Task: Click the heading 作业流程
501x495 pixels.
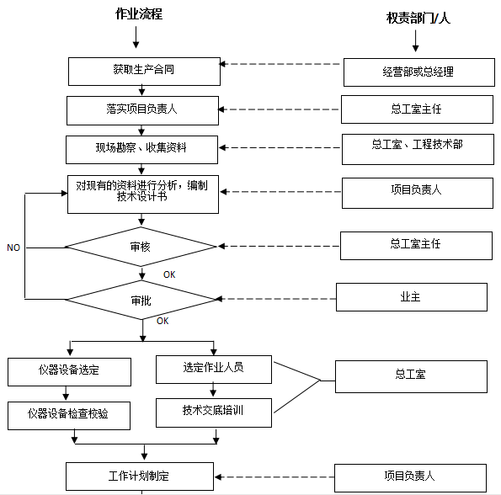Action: pos(139,14)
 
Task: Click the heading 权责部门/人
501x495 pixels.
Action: pos(418,17)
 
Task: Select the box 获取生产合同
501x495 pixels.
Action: pos(143,71)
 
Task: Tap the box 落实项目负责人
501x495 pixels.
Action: pos(142,109)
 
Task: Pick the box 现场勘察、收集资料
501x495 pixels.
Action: pos(142,149)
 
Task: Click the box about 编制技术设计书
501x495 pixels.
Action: pos(142,193)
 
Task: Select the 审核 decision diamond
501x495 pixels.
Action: pos(141,247)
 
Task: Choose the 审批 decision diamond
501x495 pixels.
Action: pos(141,300)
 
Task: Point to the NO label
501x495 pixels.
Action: pos(13,248)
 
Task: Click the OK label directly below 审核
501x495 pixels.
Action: pos(169,274)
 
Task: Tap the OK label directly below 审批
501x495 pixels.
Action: pos(163,321)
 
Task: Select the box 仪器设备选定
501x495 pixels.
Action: pos(70,371)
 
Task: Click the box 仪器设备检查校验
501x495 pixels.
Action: pos(70,414)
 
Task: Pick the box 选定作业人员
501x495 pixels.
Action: pos(214,369)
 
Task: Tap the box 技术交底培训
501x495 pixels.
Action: pos(214,412)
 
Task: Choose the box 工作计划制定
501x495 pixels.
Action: pos(142,476)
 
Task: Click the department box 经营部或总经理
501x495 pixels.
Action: pos(418,72)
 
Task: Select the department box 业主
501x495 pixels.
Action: pos(411,297)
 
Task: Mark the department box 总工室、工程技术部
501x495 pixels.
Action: pos(417,150)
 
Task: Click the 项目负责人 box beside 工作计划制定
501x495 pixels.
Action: pos(411,476)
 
